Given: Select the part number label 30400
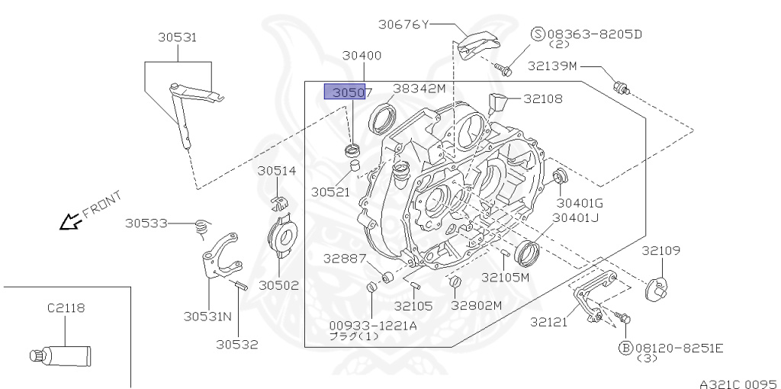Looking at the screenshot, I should point(362,56).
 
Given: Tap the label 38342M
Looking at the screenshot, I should point(419,88).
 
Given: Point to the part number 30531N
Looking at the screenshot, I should point(207,315).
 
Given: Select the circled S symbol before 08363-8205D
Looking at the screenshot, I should point(538,34).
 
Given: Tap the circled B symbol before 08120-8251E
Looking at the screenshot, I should point(624,348).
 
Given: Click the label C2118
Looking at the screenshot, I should point(66,308).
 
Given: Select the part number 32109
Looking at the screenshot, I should point(660,250).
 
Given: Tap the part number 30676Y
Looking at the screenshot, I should point(403,24).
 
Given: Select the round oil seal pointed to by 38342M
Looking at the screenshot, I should point(383,119).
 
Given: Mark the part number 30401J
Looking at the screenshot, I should point(576,218).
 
